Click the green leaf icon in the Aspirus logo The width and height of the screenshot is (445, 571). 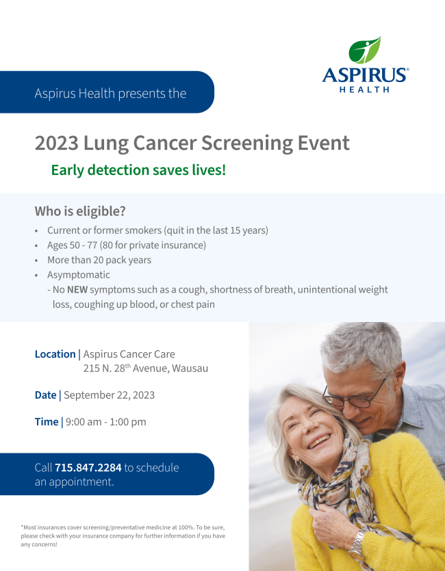pos(364,51)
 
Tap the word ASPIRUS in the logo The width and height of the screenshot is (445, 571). pos(364,75)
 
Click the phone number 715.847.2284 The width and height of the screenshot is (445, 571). pos(88,468)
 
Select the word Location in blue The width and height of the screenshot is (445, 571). pos(55,354)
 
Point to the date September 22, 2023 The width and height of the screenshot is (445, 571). pos(109,395)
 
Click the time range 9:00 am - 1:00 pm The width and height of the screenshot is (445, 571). pos(105,422)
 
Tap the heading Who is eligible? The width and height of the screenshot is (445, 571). pos(80,211)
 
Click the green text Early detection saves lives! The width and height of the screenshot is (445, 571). pos(138,170)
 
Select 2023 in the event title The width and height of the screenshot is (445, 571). pos(56,144)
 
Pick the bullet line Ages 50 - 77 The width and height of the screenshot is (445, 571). pos(126,245)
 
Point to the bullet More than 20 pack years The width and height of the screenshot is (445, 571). pos(99,260)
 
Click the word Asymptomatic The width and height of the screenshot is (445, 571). pos(78,275)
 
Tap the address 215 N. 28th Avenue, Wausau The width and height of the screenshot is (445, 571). pos(145,369)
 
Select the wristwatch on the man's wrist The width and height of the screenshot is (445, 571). pos(357,544)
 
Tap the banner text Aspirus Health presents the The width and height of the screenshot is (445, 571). pos(110,93)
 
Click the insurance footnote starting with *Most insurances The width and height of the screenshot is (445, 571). pos(123,536)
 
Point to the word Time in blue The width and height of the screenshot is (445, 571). pos(47,422)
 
